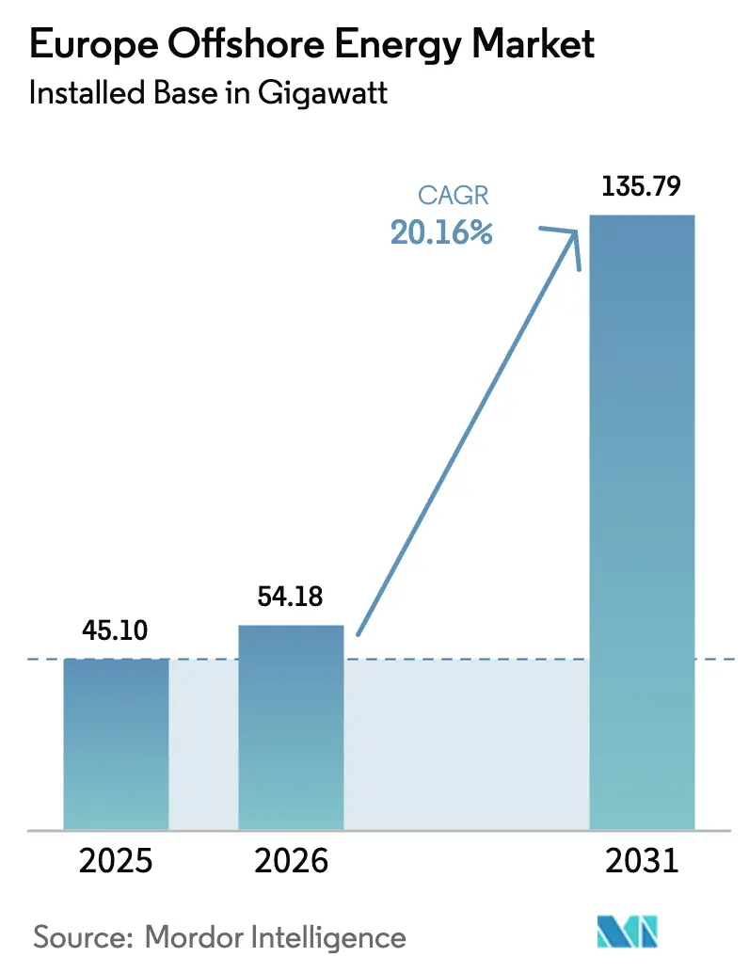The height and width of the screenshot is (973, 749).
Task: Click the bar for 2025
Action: click(116, 743)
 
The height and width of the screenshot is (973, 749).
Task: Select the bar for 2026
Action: click(291, 726)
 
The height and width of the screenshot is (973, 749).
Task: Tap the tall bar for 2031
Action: click(642, 522)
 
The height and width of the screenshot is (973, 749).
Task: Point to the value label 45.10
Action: click(115, 630)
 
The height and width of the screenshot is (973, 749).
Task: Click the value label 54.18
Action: click(291, 597)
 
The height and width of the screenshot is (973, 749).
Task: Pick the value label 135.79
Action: click(641, 184)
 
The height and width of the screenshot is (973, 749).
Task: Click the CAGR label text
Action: click(454, 197)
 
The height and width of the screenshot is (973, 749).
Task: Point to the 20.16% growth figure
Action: click(441, 232)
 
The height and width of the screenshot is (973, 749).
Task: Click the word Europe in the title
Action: click(90, 44)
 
